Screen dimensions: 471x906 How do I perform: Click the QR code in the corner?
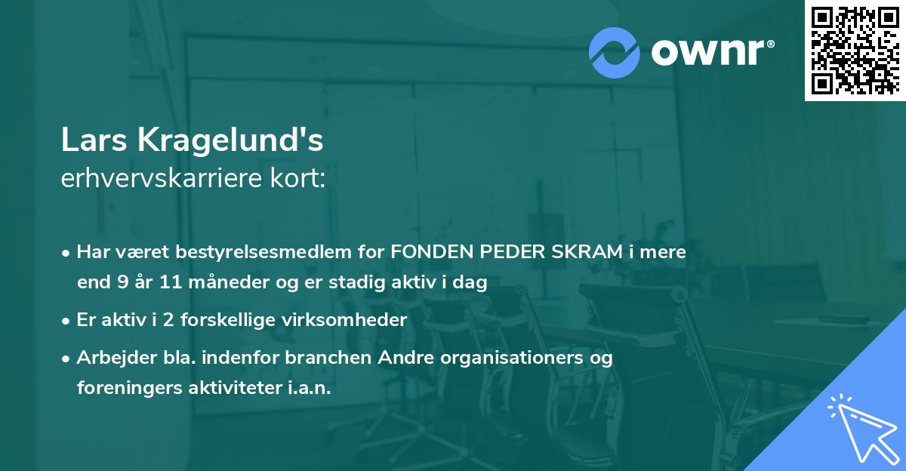(855, 51)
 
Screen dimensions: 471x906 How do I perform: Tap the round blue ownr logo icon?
(615, 53)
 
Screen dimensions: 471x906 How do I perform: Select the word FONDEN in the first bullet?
(429, 252)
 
